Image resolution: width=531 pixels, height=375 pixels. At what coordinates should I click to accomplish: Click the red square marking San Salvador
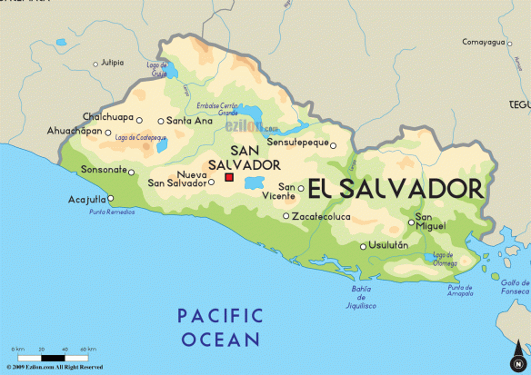[230, 177]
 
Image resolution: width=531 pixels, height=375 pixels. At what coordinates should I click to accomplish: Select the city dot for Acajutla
[112, 198]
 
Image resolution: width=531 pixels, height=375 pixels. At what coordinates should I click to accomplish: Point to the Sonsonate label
[103, 170]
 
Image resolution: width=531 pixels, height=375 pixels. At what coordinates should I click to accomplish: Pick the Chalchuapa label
[112, 117]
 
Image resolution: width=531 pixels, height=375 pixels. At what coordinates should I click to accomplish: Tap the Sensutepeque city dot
[333, 145]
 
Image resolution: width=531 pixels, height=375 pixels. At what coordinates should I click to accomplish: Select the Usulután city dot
[364, 246]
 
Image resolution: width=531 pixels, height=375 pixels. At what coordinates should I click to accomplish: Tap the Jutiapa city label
[112, 63]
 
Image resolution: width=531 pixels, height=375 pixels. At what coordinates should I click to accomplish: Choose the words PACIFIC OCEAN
[220, 327]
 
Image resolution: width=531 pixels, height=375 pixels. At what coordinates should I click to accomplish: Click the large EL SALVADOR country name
[395, 188]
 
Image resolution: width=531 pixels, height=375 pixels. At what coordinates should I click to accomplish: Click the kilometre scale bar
[55, 355]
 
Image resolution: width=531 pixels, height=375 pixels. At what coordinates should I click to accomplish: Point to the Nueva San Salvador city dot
[212, 182]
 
